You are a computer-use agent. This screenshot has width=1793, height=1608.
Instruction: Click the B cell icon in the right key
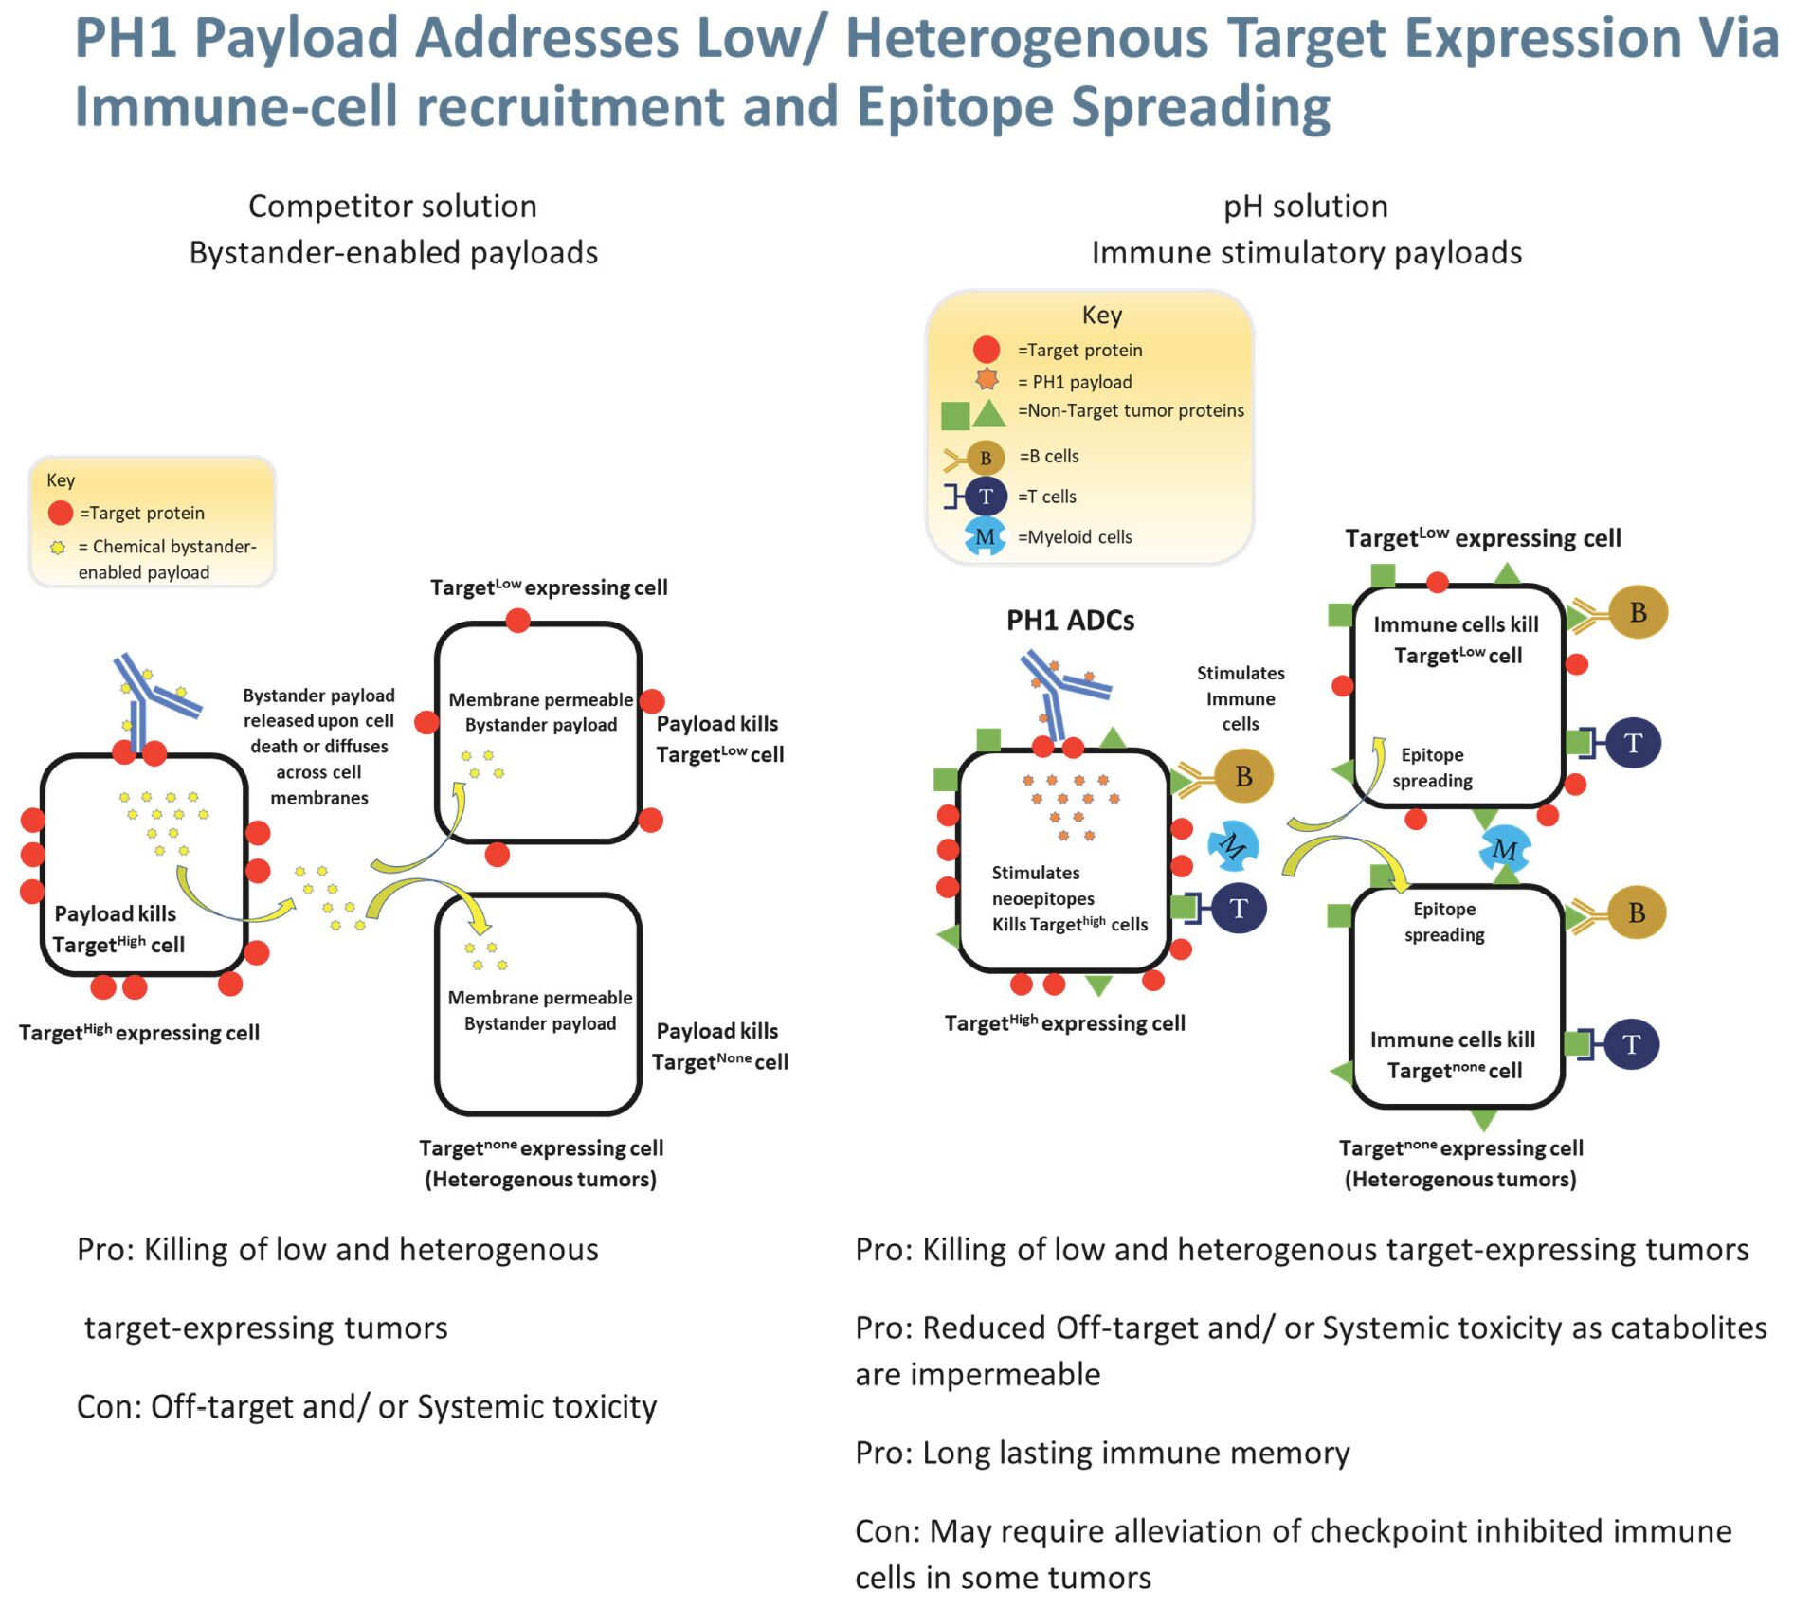point(985,458)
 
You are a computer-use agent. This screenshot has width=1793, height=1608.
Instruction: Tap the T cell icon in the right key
point(986,497)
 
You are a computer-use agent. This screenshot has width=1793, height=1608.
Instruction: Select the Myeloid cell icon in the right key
point(985,536)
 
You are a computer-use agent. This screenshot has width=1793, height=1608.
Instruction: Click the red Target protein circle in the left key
point(61,513)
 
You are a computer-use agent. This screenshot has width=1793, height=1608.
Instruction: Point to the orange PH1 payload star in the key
point(987,380)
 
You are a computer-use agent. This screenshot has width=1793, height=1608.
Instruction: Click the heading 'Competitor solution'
point(392,207)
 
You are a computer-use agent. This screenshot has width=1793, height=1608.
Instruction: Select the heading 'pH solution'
point(1305,207)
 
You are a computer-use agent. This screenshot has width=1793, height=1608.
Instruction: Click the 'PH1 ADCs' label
point(1070,621)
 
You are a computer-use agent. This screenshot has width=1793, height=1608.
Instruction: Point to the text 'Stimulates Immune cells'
point(1240,698)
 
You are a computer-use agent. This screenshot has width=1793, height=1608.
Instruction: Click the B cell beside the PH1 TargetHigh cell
point(1242,776)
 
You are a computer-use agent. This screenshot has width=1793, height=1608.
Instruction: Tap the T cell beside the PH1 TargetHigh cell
point(1238,908)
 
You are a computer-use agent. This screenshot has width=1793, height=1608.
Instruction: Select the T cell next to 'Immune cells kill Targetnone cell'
point(1631,1044)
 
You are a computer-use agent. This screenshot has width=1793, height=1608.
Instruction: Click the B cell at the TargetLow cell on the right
point(1637,612)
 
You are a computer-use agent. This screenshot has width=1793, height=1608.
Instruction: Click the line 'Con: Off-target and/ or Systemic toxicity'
point(366,1406)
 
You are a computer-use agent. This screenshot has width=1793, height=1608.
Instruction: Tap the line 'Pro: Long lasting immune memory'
point(1102,1453)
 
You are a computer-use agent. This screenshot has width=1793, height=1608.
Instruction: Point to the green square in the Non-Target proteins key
point(954,415)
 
